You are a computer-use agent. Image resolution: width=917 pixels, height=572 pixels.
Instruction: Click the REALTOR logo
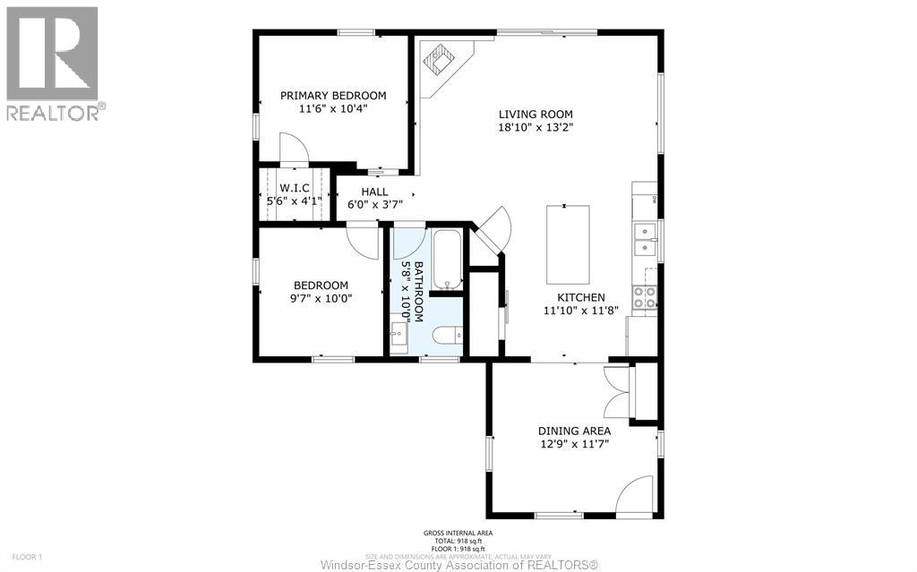[53, 63]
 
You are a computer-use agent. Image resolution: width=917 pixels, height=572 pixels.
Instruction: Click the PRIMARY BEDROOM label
[333, 96]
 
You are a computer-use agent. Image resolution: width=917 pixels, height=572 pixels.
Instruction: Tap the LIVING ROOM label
[536, 114]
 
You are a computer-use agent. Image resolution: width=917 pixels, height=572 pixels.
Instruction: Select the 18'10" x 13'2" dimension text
[536, 127]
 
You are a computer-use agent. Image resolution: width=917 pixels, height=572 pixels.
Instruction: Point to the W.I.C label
[294, 189]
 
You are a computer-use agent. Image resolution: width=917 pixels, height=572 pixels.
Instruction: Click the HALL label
[374, 192]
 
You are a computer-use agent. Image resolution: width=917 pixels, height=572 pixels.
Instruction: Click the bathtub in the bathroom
[446, 260]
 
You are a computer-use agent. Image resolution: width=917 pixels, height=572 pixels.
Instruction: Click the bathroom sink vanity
[399, 337]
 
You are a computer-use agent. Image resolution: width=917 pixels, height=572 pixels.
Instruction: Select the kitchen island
[569, 243]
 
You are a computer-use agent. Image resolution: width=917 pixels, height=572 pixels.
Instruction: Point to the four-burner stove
[644, 297]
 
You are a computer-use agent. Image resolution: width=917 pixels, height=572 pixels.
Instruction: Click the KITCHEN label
[580, 298]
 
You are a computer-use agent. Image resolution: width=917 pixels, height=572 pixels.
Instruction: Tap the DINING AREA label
[574, 431]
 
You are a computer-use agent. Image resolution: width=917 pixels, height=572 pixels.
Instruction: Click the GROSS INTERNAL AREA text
[458, 534]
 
